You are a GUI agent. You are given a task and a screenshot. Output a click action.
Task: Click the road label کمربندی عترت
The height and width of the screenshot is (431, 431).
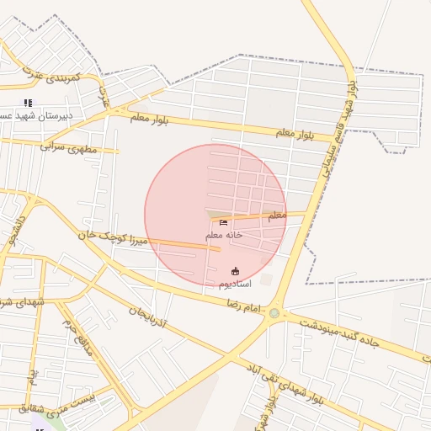(x=52, y=77)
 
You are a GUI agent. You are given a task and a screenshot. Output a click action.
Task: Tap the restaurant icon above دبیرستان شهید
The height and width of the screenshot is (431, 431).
(x=28, y=103)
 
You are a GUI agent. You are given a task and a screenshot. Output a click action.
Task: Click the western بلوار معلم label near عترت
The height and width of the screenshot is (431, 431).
(x=149, y=119)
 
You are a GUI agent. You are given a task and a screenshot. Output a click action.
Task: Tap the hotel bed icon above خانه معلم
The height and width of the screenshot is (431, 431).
(x=223, y=222)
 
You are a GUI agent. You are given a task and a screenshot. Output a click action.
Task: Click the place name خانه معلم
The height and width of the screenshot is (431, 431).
(x=224, y=235)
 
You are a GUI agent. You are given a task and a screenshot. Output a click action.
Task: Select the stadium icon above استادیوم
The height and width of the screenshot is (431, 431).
(x=235, y=271)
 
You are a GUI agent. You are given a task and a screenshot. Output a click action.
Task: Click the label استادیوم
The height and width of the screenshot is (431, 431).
(x=235, y=285)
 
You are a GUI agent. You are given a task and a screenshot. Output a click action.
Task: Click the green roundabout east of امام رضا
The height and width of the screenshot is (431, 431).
(x=274, y=314)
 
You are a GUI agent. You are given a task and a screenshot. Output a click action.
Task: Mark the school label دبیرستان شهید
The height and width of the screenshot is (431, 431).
(x=35, y=115)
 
